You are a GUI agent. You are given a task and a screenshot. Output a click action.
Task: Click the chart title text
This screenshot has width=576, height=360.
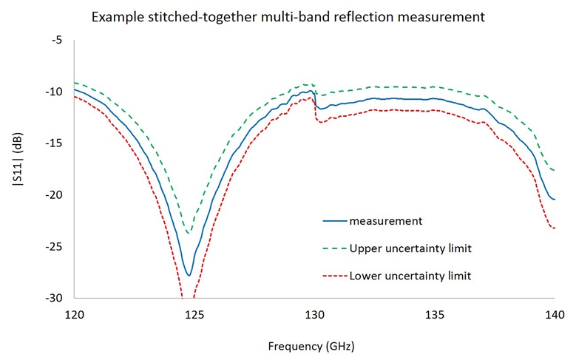[288, 16]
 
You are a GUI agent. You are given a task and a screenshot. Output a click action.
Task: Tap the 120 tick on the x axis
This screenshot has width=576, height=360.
[74, 313]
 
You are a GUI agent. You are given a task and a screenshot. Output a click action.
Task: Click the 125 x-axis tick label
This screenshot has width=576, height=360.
[194, 313]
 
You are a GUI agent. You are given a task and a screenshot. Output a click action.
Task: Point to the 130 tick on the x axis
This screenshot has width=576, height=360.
[314, 313]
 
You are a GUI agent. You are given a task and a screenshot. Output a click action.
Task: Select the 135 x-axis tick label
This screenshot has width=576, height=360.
[435, 313]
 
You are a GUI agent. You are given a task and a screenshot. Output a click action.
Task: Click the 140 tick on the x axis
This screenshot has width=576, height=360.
[555, 313]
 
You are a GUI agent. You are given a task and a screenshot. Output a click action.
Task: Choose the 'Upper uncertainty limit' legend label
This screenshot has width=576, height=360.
[410, 248]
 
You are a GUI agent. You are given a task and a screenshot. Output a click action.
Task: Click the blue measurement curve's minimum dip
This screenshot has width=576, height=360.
[189, 275]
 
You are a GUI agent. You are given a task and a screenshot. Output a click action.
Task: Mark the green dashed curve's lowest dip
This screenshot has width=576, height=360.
[189, 234]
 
